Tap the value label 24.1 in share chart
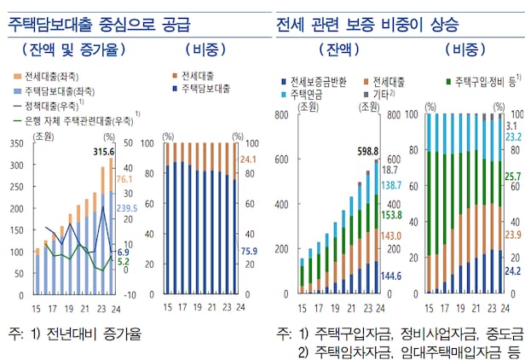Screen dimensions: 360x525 click(249, 159)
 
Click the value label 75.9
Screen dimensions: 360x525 click(249, 250)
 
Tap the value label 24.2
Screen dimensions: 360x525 click(513, 271)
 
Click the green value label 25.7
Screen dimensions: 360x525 click(513, 177)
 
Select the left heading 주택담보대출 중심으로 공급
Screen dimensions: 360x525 click(100, 22)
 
